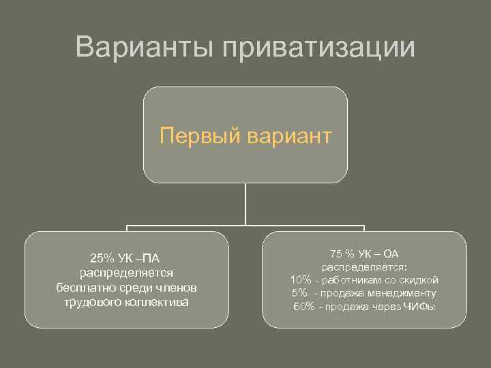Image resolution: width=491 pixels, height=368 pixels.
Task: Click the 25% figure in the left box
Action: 102,258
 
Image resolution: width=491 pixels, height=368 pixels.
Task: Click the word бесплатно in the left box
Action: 85,288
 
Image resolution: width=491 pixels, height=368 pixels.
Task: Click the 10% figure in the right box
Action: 301,280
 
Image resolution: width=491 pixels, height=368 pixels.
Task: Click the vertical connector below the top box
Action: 245,204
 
